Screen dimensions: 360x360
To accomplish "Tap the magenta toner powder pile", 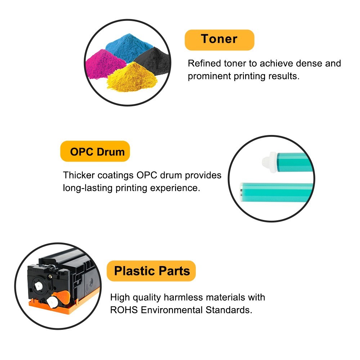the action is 104,64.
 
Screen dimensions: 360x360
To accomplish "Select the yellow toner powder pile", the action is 132,78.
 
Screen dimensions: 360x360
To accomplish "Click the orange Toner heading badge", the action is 220,40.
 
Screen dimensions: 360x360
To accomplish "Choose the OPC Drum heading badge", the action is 95,151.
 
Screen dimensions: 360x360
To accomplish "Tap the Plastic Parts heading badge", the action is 151,271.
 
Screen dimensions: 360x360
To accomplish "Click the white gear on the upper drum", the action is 270,162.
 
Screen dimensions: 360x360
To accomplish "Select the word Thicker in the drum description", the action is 79,175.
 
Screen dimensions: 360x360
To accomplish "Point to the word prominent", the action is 209,76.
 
